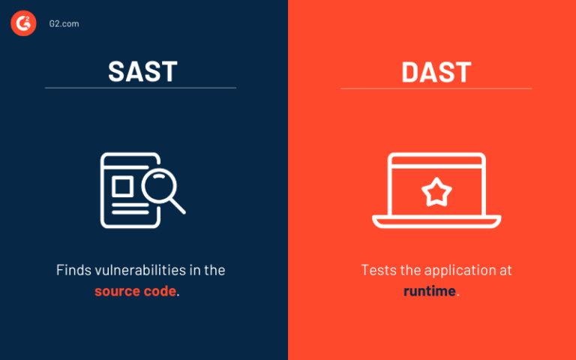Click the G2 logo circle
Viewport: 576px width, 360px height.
pyautogui.click(x=23, y=24)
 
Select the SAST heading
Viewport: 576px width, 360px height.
pyautogui.click(x=142, y=71)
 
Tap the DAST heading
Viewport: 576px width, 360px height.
pyautogui.click(x=436, y=71)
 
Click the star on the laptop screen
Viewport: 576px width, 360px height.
pyautogui.click(x=436, y=192)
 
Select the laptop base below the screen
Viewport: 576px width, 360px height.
pyautogui.click(x=436, y=222)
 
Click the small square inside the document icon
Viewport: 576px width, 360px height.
pyautogui.click(x=123, y=184)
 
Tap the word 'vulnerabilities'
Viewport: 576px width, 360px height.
pyautogui.click(x=135, y=270)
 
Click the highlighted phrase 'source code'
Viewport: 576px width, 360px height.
pyautogui.click(x=136, y=291)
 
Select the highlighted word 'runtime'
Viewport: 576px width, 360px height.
pyautogui.click(x=429, y=291)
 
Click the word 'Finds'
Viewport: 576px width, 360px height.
pyautogui.click(x=72, y=270)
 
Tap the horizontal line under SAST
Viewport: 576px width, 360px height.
pyautogui.click(x=140, y=88)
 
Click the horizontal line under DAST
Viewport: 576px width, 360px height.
pyautogui.click(x=436, y=88)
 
